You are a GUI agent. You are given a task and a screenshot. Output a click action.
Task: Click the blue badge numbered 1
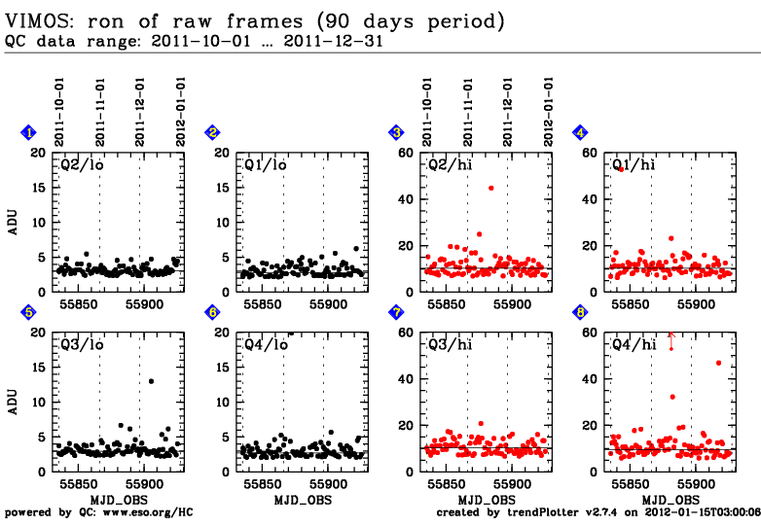coord(29,132)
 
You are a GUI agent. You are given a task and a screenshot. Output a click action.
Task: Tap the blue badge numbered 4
coord(580,132)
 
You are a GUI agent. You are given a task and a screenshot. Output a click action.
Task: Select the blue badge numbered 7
coord(396,312)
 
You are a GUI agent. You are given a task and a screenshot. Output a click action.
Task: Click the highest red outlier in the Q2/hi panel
coord(490,188)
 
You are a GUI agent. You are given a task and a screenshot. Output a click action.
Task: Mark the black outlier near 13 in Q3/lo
coord(151,381)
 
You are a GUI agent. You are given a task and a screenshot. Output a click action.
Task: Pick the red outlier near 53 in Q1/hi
coord(620,169)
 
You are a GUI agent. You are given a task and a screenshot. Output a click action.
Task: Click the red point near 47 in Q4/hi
coord(718,363)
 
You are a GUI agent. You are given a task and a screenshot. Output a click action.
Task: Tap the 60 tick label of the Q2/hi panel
coord(406,153)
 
